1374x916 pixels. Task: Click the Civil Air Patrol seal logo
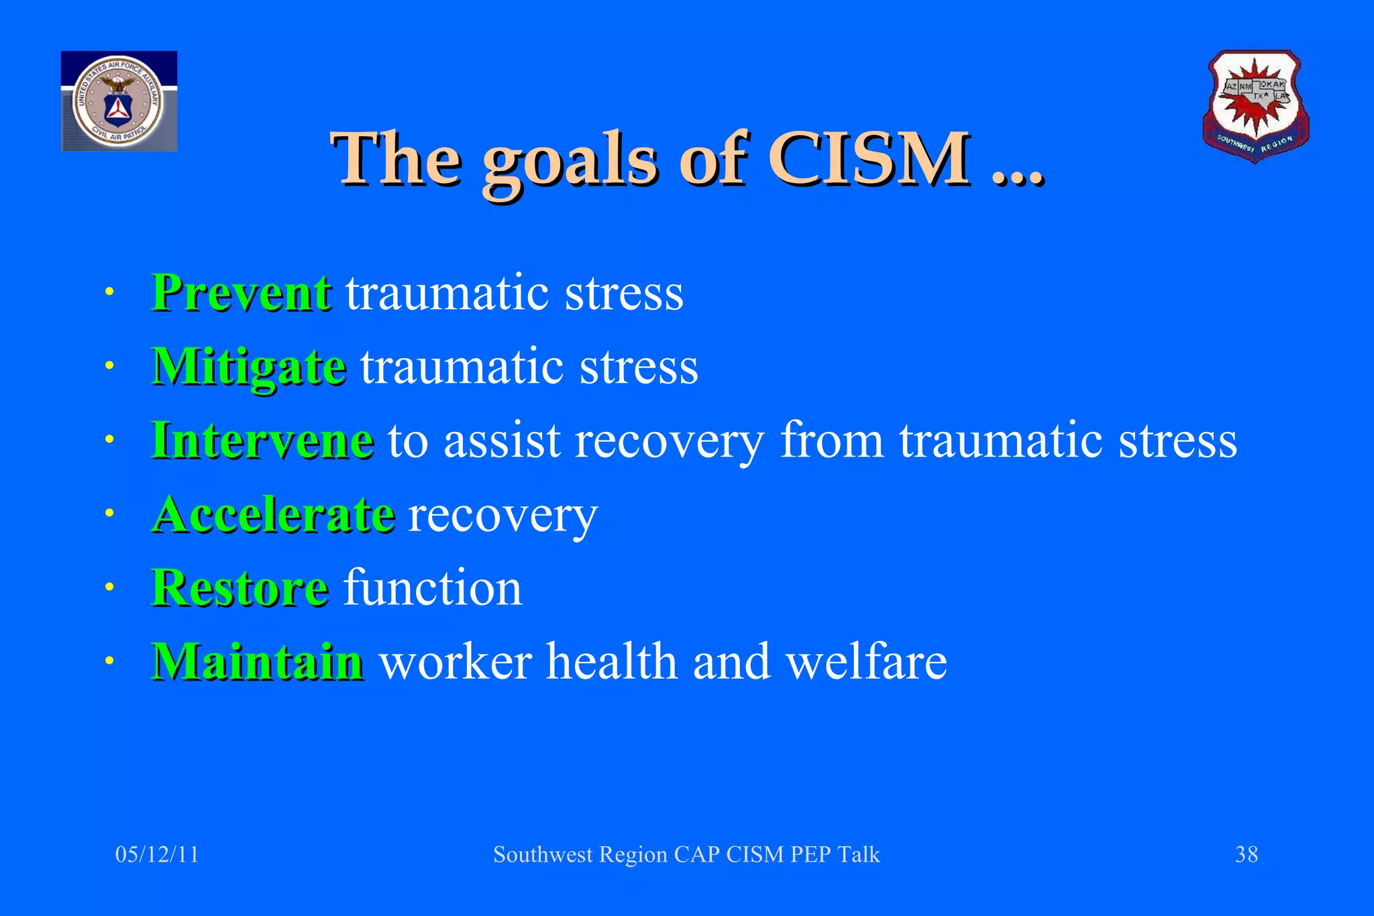point(119,101)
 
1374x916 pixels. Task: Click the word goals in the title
point(569,161)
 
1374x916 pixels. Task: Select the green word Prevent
point(241,293)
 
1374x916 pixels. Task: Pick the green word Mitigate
point(249,367)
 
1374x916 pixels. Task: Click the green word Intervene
point(262,441)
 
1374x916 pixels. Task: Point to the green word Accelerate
point(273,514)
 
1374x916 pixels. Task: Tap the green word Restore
point(240,588)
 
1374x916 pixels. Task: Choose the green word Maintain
point(258,662)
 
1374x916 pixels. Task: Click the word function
point(433,588)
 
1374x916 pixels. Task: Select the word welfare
point(866,662)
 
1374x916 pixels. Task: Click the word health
point(612,662)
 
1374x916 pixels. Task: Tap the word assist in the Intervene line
point(502,441)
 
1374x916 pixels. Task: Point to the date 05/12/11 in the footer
point(157,854)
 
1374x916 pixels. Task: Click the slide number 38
point(1246,854)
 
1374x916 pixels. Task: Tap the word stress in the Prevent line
point(624,293)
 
